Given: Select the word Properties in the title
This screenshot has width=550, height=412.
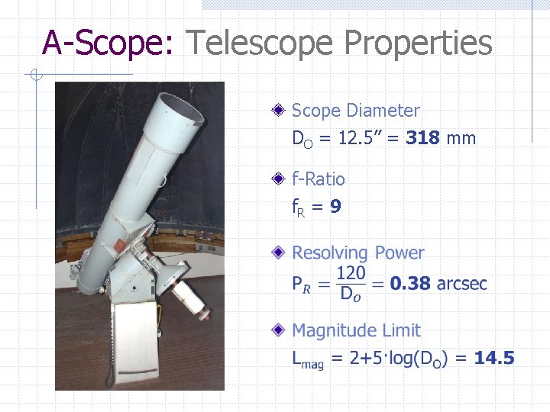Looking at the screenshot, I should (x=419, y=43).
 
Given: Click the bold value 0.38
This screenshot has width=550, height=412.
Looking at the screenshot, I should (x=411, y=284).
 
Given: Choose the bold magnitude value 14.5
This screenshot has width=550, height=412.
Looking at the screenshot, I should (x=494, y=358).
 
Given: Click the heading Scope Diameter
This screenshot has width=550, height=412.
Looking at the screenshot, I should (x=356, y=111).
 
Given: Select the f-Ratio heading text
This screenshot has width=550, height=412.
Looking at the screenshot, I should (x=319, y=179).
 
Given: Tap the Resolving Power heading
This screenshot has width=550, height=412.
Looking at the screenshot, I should (x=358, y=253).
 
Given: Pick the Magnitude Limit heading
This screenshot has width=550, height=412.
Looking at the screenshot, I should (x=356, y=330).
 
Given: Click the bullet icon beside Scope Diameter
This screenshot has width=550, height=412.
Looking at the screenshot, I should (x=281, y=111).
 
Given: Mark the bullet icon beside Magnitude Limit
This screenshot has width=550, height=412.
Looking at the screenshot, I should (x=281, y=330).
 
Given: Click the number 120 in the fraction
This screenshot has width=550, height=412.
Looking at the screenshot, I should (x=351, y=272).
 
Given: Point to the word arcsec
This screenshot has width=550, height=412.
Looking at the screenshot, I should (x=462, y=284).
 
